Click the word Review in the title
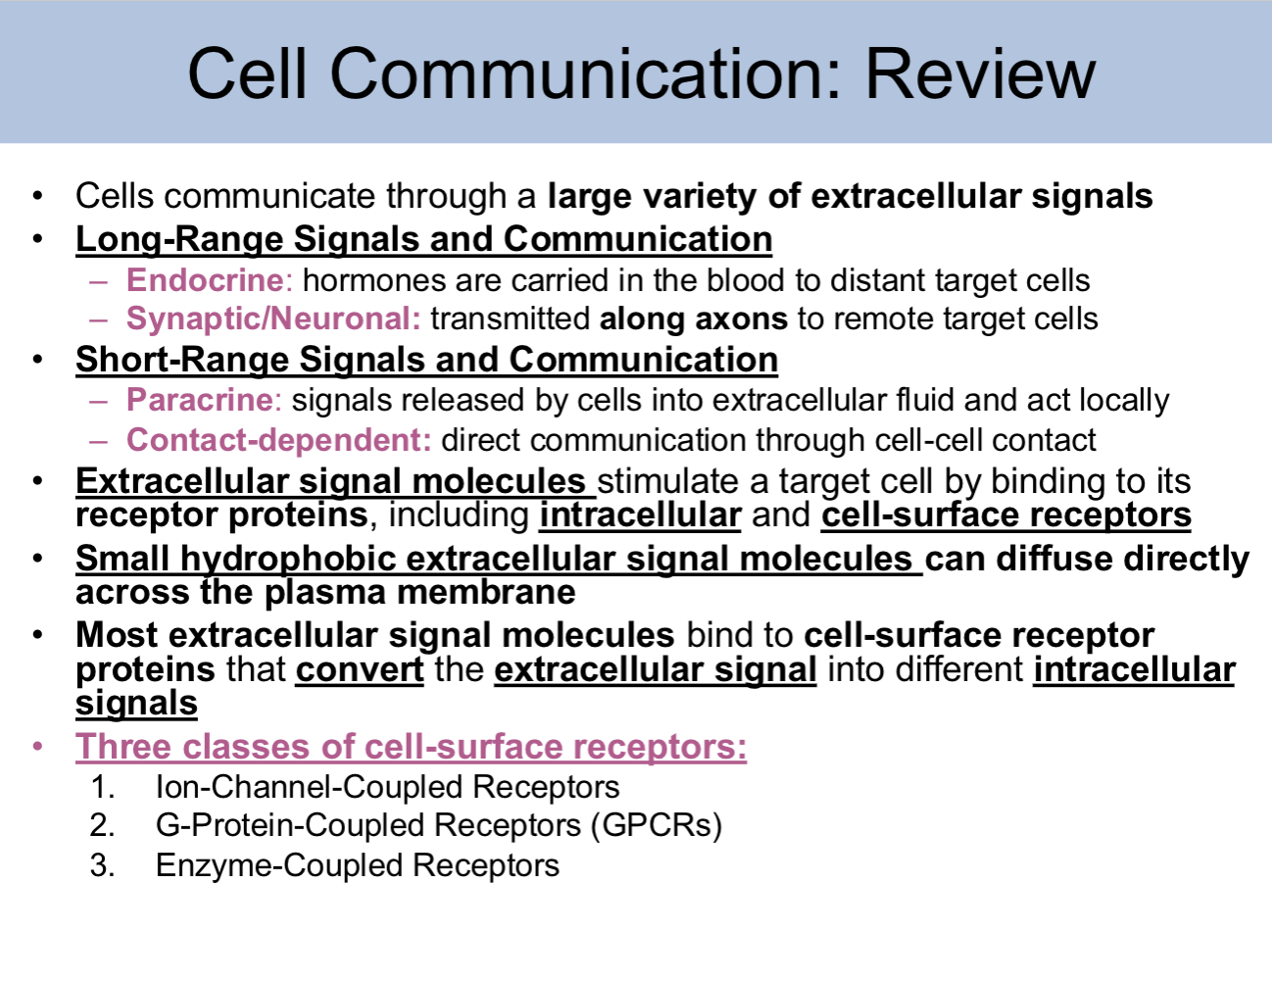click(x=979, y=74)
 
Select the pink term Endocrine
click(x=205, y=280)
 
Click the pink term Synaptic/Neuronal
click(x=273, y=319)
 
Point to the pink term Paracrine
click(x=200, y=400)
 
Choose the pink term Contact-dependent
click(x=278, y=440)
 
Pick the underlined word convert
click(x=360, y=669)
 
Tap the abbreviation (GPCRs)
click(x=656, y=825)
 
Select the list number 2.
click(x=101, y=825)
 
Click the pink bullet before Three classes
click(x=38, y=747)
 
